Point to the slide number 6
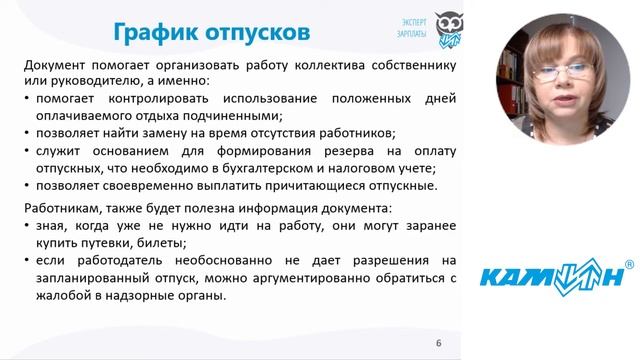[x=438, y=344]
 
